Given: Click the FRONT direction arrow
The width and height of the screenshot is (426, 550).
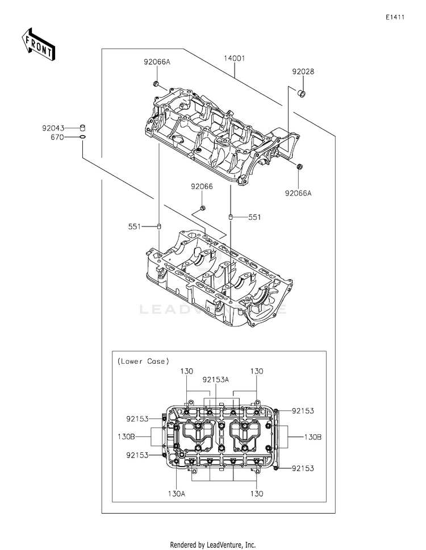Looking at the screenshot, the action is [37, 44].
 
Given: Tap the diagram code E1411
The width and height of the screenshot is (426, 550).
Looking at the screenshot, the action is [395, 17].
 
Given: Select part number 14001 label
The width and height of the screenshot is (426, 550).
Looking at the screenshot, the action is [235, 58].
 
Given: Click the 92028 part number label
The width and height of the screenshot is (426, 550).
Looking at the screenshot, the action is [303, 72].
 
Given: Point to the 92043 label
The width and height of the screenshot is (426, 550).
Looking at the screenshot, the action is [53, 128].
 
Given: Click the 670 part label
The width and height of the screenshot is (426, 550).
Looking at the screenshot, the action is [57, 137].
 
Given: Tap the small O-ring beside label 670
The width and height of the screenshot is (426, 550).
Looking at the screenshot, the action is [82, 137].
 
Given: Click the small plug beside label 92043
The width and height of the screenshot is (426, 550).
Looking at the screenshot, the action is [83, 128].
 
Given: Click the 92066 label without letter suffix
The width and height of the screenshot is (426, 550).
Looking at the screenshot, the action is [202, 187].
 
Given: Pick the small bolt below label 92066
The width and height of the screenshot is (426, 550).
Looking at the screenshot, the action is [202, 209].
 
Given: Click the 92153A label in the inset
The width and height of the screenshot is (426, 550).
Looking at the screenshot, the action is [215, 380].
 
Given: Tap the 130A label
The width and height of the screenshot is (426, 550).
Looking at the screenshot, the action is [176, 494].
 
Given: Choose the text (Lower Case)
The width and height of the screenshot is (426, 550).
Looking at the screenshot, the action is [143, 361].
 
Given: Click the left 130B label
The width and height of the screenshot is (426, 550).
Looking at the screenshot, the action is [126, 437].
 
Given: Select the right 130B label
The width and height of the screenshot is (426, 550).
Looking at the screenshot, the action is [312, 437].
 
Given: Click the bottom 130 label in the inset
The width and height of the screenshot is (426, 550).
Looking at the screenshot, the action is [257, 494].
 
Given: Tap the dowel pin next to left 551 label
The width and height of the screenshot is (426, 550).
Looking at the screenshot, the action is [159, 226].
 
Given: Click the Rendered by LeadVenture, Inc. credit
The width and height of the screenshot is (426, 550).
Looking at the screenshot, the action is [213, 545].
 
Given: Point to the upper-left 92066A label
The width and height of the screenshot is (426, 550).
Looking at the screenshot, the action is [157, 62].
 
